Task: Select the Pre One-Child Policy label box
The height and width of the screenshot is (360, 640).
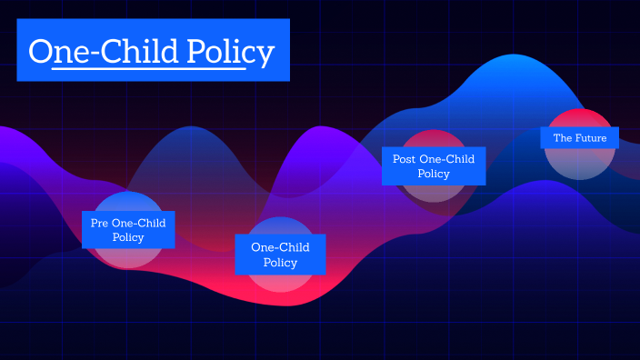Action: coord(128,229)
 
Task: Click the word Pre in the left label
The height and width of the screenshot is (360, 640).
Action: coord(99,222)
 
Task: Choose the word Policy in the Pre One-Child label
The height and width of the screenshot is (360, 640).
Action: coord(128,237)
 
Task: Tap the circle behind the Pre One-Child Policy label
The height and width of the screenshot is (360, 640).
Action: coord(128,259)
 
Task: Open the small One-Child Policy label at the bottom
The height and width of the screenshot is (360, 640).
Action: coord(280,255)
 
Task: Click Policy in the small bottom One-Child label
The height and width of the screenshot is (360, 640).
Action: coord(280,263)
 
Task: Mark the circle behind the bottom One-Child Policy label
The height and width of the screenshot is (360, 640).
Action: coord(280,282)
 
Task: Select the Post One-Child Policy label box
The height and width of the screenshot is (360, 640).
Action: coord(433,165)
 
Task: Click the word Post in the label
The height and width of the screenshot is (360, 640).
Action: coord(405,159)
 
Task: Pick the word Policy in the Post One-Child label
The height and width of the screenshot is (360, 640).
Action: coord(433,174)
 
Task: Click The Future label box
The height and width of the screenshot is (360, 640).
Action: coord(579,138)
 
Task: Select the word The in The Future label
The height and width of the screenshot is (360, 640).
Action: coord(563,138)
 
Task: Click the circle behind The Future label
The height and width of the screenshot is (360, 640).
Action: coord(579,164)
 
